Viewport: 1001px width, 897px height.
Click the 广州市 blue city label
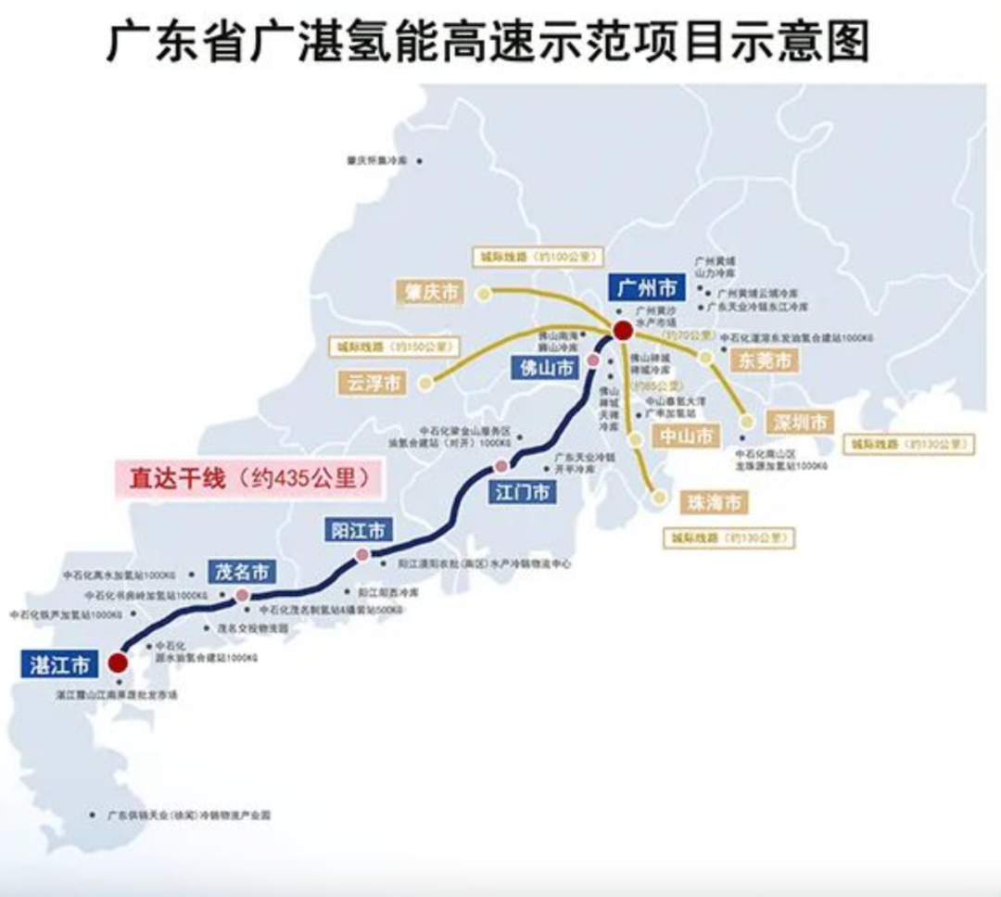point(647,286)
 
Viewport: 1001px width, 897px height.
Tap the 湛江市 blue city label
point(58,663)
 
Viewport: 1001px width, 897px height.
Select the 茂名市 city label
point(241,572)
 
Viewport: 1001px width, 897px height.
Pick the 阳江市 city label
point(358,531)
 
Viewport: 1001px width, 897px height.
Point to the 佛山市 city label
point(545,368)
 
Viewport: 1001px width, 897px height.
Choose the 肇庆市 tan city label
point(431,293)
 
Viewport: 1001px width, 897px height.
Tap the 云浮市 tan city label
point(374,382)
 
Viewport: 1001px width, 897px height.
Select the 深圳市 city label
point(800,423)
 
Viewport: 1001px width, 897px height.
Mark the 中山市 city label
point(686,435)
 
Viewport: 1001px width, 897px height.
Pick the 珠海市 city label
point(714,503)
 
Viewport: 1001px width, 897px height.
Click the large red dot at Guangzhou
point(623,330)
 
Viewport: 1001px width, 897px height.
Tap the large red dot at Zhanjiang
point(118,662)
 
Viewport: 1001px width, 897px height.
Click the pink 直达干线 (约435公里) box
point(247,479)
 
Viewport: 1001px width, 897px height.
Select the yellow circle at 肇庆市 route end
point(483,294)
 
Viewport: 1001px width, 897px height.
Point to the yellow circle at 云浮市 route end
point(425,382)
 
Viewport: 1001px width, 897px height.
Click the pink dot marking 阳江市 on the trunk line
point(362,554)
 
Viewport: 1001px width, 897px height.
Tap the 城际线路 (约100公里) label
point(537,256)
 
